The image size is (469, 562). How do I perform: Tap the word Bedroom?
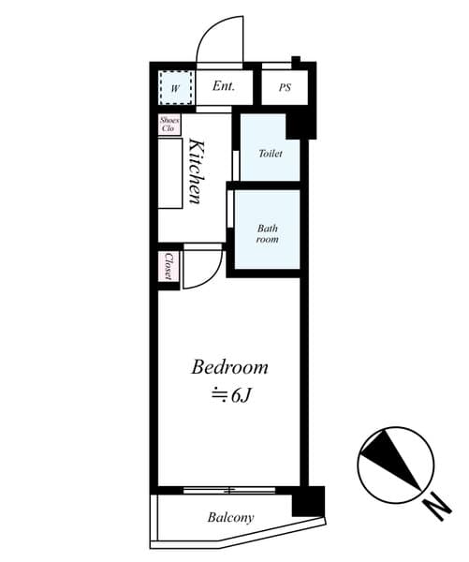click(x=229, y=367)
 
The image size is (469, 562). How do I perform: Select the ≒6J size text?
click(x=228, y=395)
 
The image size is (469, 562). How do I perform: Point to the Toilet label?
click(x=271, y=153)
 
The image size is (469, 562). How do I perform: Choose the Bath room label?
click(x=268, y=232)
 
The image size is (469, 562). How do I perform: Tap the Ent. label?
click(x=224, y=87)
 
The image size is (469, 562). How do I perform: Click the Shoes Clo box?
click(x=169, y=124)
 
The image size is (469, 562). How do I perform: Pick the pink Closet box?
click(x=169, y=265)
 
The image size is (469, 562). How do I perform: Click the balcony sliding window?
click(x=229, y=490)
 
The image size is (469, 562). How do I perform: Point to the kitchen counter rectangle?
click(x=170, y=173)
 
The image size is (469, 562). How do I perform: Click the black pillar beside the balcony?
click(x=306, y=501)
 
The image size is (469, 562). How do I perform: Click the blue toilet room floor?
click(x=271, y=169)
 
